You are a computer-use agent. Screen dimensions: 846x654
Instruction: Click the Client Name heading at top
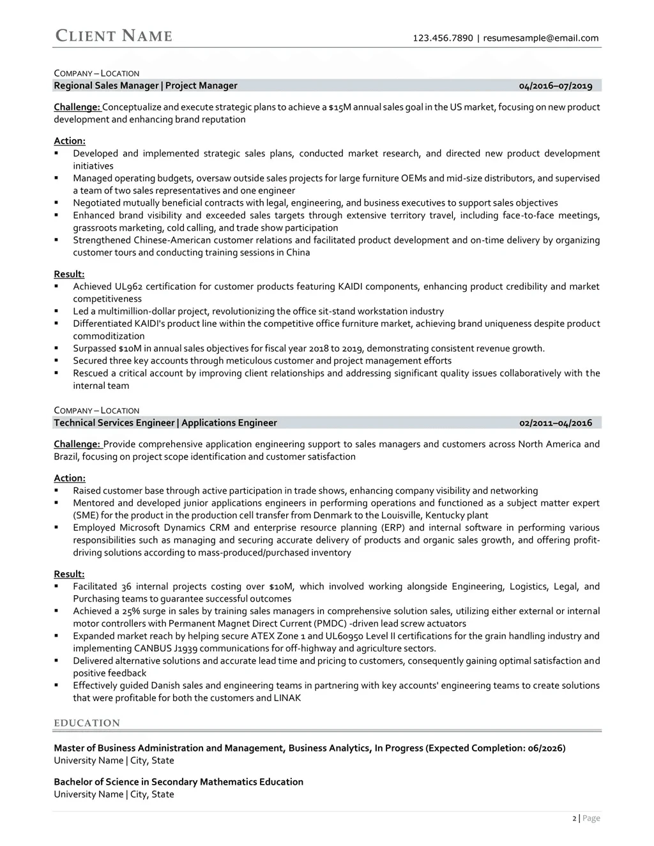click(114, 36)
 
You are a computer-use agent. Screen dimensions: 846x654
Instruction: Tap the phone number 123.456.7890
click(443, 38)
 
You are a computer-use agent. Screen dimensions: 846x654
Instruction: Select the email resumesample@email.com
click(541, 38)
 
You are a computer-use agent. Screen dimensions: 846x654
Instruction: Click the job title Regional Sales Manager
click(106, 86)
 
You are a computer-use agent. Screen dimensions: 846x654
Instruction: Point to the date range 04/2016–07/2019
click(556, 86)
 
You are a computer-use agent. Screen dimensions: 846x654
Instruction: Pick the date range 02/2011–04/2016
click(556, 423)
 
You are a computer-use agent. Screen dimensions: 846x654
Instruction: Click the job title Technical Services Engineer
click(114, 423)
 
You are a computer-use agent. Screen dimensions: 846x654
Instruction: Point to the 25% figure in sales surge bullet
click(123, 611)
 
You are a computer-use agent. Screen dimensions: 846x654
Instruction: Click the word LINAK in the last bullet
click(287, 698)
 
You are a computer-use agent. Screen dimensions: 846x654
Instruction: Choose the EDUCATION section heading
click(87, 723)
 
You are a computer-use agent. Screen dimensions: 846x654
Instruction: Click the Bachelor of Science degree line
click(178, 782)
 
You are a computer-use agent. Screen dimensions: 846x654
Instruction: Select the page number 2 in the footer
click(574, 819)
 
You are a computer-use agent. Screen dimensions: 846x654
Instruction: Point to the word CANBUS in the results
click(154, 648)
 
